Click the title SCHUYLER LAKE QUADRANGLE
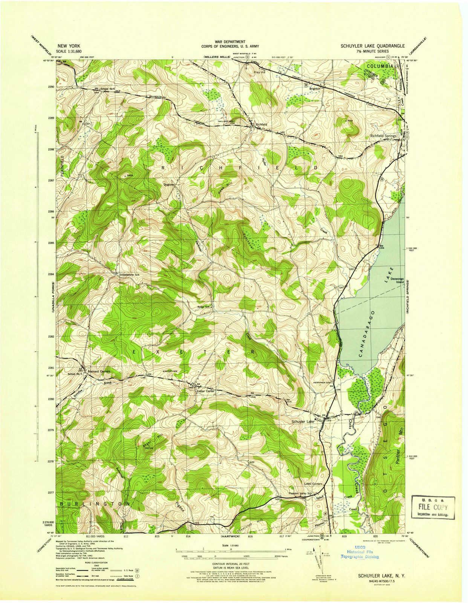(x=373, y=46)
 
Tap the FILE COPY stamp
(x=433, y=507)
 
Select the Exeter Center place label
(x=206, y=391)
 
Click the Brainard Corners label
(x=98, y=371)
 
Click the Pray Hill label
(x=260, y=72)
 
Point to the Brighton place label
(x=315, y=89)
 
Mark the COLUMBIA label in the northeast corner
(x=379, y=66)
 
